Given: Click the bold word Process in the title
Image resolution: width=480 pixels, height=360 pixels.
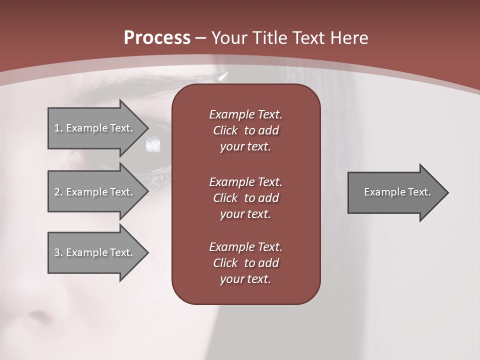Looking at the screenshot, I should tap(157, 38).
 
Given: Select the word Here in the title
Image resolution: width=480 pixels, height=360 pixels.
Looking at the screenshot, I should tap(348, 38).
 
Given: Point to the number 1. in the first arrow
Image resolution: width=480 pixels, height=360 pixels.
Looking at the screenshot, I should tap(58, 128).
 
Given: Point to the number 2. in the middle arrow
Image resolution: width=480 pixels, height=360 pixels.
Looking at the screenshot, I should tap(58, 192).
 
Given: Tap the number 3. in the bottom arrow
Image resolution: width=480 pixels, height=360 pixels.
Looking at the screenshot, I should tap(58, 252).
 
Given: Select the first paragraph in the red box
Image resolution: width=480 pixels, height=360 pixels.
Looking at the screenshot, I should tap(245, 130).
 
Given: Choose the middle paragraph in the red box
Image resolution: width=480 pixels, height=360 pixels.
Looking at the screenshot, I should tap(245, 198).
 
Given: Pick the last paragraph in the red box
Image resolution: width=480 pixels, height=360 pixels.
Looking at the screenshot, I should tap(245, 263).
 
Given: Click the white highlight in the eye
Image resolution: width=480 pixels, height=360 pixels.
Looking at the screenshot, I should tap(152, 145).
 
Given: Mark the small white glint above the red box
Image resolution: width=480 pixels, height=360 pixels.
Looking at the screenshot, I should tap(223, 76).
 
